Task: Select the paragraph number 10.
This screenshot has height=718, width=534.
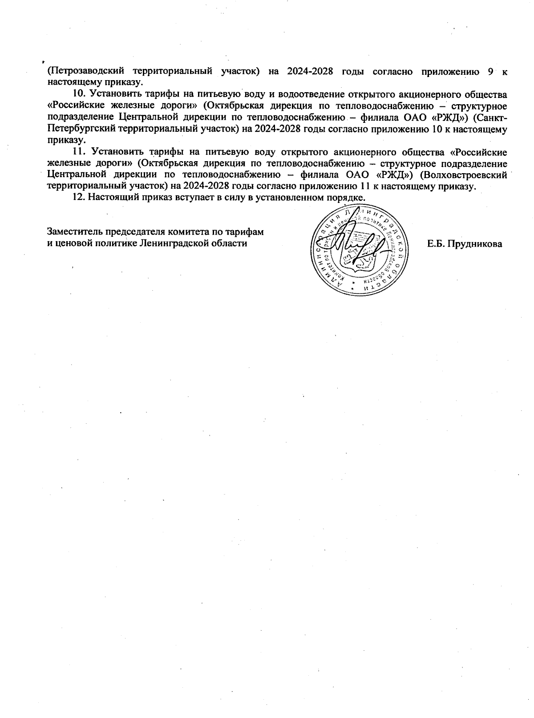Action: (79, 94)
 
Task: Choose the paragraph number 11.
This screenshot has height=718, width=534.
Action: (79, 152)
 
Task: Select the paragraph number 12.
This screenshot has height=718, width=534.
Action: (79, 198)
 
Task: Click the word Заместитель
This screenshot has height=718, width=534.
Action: (74, 232)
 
